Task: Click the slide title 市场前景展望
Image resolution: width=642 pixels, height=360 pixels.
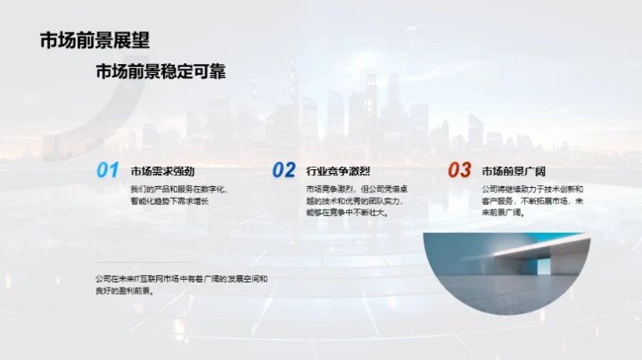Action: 94,40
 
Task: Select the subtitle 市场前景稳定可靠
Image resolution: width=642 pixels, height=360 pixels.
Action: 160,72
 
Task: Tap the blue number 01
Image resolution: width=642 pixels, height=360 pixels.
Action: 108,169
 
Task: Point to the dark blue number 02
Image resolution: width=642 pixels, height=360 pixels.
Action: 284,169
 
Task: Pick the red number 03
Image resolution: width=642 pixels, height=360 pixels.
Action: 459,169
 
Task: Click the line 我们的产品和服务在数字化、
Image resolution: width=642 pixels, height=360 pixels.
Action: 179,189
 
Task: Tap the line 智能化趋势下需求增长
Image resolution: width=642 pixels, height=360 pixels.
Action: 169,201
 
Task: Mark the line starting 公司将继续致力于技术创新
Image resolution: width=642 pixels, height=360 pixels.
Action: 532,189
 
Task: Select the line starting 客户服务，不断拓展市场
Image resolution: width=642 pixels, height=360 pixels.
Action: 532,201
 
